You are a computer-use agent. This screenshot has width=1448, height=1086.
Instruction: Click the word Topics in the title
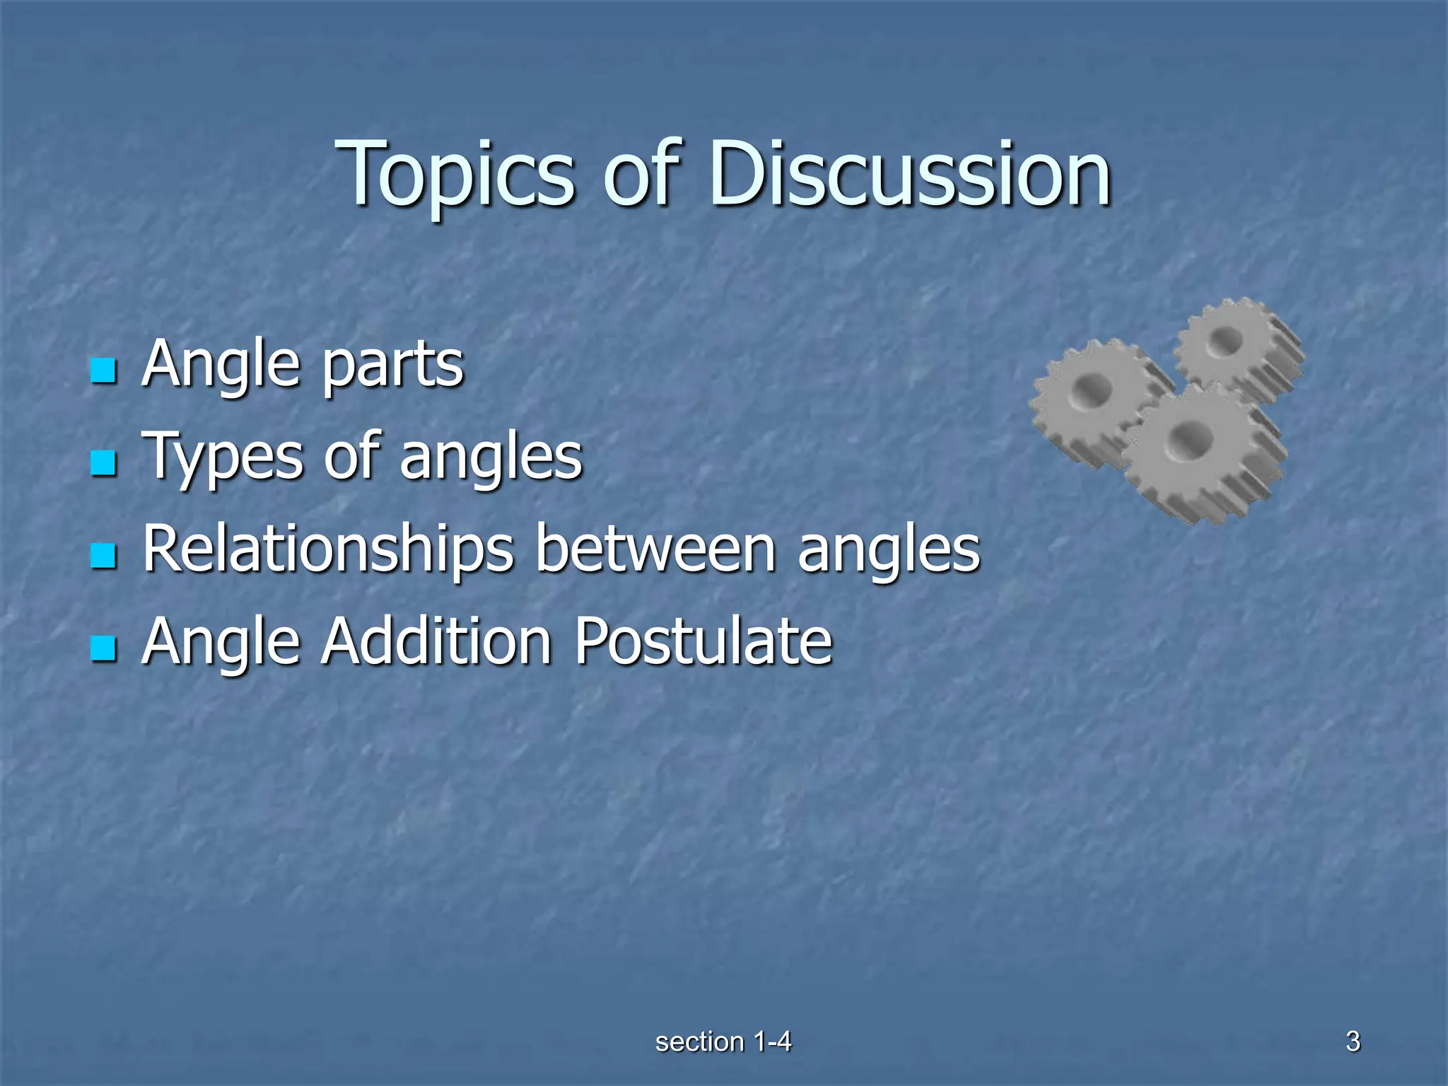pyautogui.click(x=456, y=175)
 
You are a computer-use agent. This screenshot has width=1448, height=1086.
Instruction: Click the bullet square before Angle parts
pyautogui.click(x=104, y=370)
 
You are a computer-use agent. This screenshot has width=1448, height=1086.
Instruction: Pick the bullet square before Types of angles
pyautogui.click(x=104, y=463)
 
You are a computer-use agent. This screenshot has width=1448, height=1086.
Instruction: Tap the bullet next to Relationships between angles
pyautogui.click(x=104, y=556)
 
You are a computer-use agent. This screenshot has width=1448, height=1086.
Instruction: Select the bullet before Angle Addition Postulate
pyautogui.click(x=104, y=648)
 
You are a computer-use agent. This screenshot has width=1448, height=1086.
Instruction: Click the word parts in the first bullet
pyautogui.click(x=392, y=366)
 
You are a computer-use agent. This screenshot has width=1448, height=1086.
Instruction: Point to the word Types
pyautogui.click(x=223, y=458)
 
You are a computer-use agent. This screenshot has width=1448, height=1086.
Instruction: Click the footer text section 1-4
pyautogui.click(x=723, y=1041)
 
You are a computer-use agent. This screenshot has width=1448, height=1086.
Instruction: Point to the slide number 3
pyautogui.click(x=1353, y=1041)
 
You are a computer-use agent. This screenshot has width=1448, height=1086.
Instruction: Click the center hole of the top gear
pyautogui.click(x=1225, y=343)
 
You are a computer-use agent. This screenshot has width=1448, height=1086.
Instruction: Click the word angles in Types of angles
pyautogui.click(x=491, y=458)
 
